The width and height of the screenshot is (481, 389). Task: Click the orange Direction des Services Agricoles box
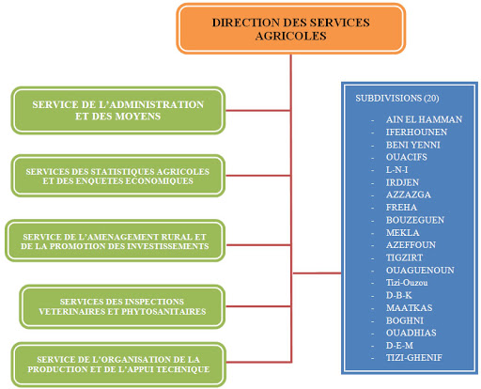pyautogui.click(x=291, y=29)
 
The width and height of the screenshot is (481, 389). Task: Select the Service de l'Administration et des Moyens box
pyautogui.click(x=118, y=111)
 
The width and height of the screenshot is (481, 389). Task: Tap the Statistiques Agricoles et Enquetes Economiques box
pyautogui.click(x=118, y=176)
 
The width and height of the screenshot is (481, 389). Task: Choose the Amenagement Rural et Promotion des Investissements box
pyautogui.click(x=115, y=241)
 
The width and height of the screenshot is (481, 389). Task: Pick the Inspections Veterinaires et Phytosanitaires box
pyautogui.click(x=122, y=306)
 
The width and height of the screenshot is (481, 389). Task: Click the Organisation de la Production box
pyautogui.click(x=118, y=365)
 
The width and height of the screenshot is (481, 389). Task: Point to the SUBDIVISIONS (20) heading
pyautogui.click(x=397, y=98)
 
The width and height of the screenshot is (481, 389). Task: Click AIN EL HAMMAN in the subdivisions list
pyautogui.click(x=424, y=119)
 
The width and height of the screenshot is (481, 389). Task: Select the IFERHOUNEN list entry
pyautogui.click(x=416, y=132)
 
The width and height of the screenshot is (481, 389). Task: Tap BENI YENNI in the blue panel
pyautogui.click(x=413, y=145)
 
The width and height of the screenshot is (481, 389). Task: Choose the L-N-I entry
pyautogui.click(x=396, y=170)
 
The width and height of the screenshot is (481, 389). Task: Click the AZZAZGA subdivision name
pyautogui.click(x=409, y=194)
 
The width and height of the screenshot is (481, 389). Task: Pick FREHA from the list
pyautogui.click(x=401, y=208)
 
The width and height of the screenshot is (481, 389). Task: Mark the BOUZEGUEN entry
pyautogui.click(x=415, y=220)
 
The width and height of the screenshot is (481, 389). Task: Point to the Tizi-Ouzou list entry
pyautogui.click(x=407, y=283)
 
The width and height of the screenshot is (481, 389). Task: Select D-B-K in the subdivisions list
pyautogui.click(x=398, y=295)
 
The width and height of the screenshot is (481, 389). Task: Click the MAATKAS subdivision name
pyautogui.click(x=409, y=308)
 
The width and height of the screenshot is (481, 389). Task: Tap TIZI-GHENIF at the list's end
pyautogui.click(x=414, y=358)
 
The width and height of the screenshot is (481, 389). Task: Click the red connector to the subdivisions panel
pyautogui.click(x=317, y=273)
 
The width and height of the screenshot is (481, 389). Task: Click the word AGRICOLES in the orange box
pyautogui.click(x=291, y=36)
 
